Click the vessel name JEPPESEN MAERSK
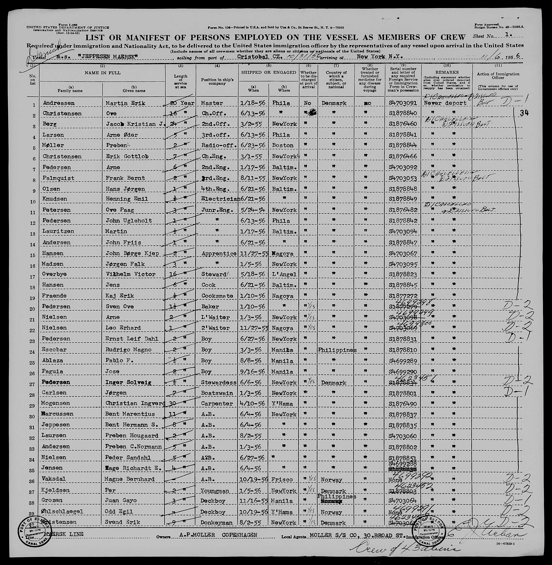pos(108,57)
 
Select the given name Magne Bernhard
pos(129,479)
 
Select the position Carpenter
pos(217,404)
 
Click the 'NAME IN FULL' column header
pos(102,73)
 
